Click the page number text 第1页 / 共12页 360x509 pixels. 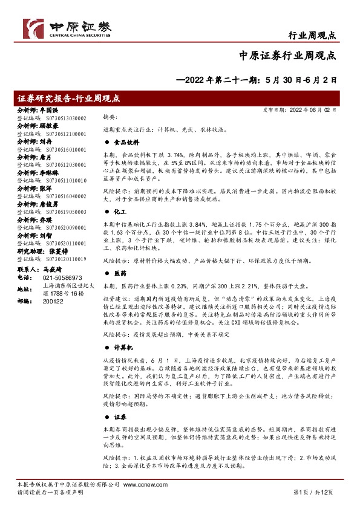313,493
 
